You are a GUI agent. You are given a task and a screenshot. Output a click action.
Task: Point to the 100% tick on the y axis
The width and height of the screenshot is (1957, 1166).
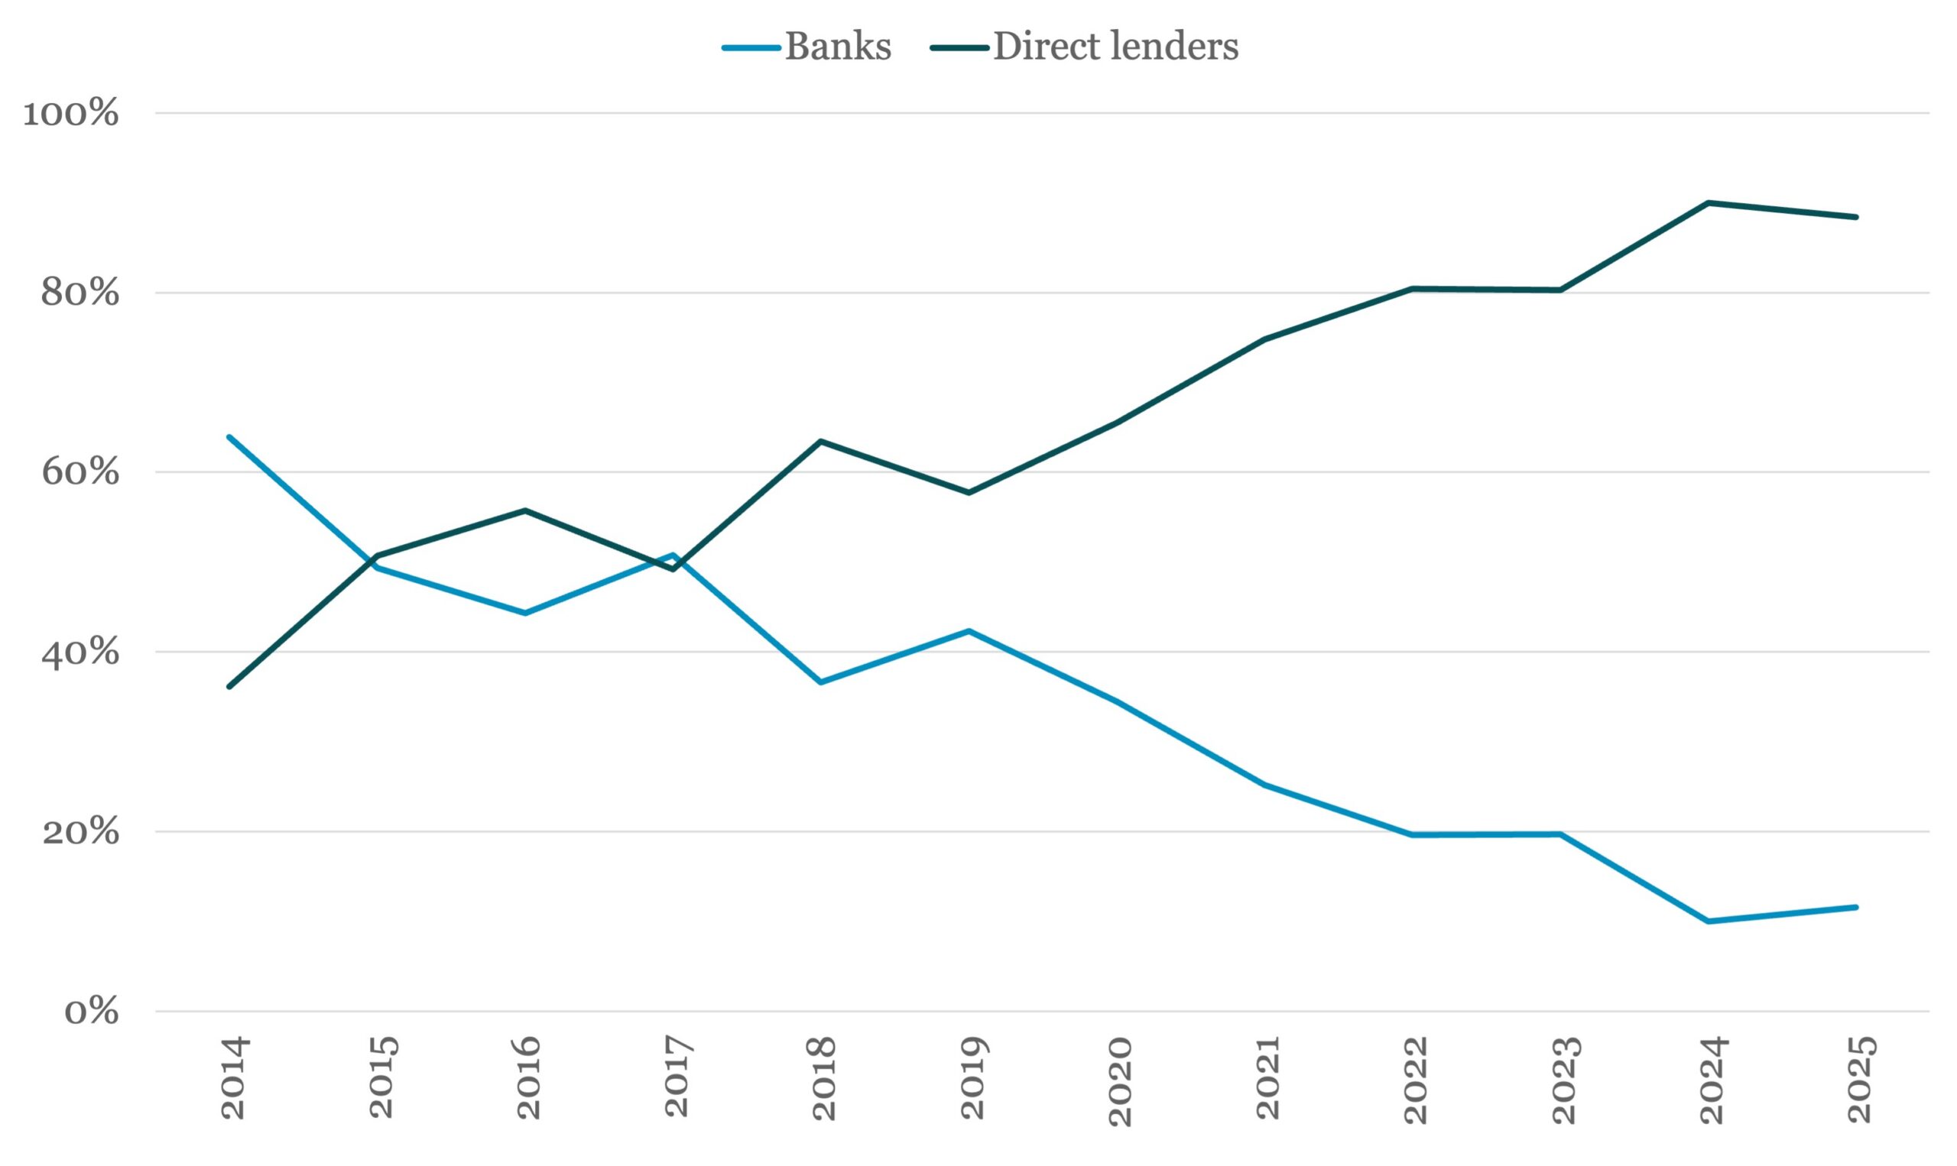pyautogui.click(x=71, y=113)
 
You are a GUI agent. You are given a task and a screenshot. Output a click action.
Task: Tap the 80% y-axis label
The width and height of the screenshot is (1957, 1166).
pyautogui.click(x=80, y=293)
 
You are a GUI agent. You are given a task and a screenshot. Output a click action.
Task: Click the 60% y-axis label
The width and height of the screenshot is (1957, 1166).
pyautogui.click(x=80, y=472)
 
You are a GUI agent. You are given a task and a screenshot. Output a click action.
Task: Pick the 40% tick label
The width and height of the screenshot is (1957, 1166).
pyautogui.click(x=80, y=652)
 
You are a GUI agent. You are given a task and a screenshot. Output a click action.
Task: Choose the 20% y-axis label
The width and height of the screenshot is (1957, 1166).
pyautogui.click(x=80, y=831)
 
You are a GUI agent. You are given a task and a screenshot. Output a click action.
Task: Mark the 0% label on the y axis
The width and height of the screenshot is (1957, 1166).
pyautogui.click(x=91, y=1011)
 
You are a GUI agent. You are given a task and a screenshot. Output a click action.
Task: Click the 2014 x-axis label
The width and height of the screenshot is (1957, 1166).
pyautogui.click(x=234, y=1077)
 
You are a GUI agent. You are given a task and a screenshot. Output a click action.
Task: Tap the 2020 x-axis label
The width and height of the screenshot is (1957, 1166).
pyautogui.click(x=1120, y=1081)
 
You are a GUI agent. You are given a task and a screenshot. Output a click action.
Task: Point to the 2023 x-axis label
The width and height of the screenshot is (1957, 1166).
pyautogui.click(x=1564, y=1080)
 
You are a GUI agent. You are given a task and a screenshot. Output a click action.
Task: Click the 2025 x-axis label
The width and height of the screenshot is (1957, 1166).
pyautogui.click(x=1861, y=1080)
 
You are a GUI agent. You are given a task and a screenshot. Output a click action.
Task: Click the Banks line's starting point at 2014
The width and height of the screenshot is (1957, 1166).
pyautogui.click(x=229, y=437)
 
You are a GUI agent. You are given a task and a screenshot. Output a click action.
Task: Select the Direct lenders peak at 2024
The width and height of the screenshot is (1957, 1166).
pyautogui.click(x=1709, y=202)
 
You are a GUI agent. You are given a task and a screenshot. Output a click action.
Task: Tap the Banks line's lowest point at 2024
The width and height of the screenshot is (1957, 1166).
pyautogui.click(x=1709, y=921)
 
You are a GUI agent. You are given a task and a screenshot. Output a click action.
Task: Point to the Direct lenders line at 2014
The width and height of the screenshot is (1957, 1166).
pyautogui.click(x=229, y=687)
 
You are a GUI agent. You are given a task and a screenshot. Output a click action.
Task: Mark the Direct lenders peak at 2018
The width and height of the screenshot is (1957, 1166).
pyautogui.click(x=820, y=442)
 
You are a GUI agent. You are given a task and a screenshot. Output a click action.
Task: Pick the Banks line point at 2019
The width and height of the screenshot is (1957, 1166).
pyautogui.click(x=969, y=631)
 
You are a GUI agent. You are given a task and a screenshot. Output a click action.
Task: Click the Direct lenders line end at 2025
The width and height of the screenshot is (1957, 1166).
pyautogui.click(x=1856, y=217)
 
